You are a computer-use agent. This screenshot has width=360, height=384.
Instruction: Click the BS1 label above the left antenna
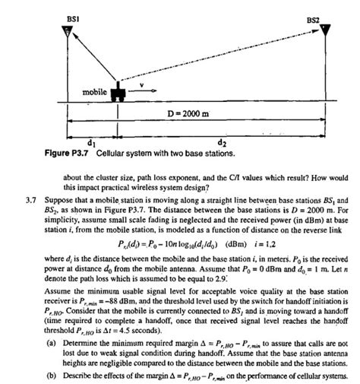pyautogui.click(x=67, y=17)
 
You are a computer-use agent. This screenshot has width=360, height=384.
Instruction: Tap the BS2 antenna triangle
pyautogui.click(x=325, y=33)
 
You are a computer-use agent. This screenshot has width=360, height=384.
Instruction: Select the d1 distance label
pyautogui.click(x=91, y=142)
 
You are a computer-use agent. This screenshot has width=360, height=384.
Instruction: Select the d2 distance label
pyautogui.click(x=222, y=142)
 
